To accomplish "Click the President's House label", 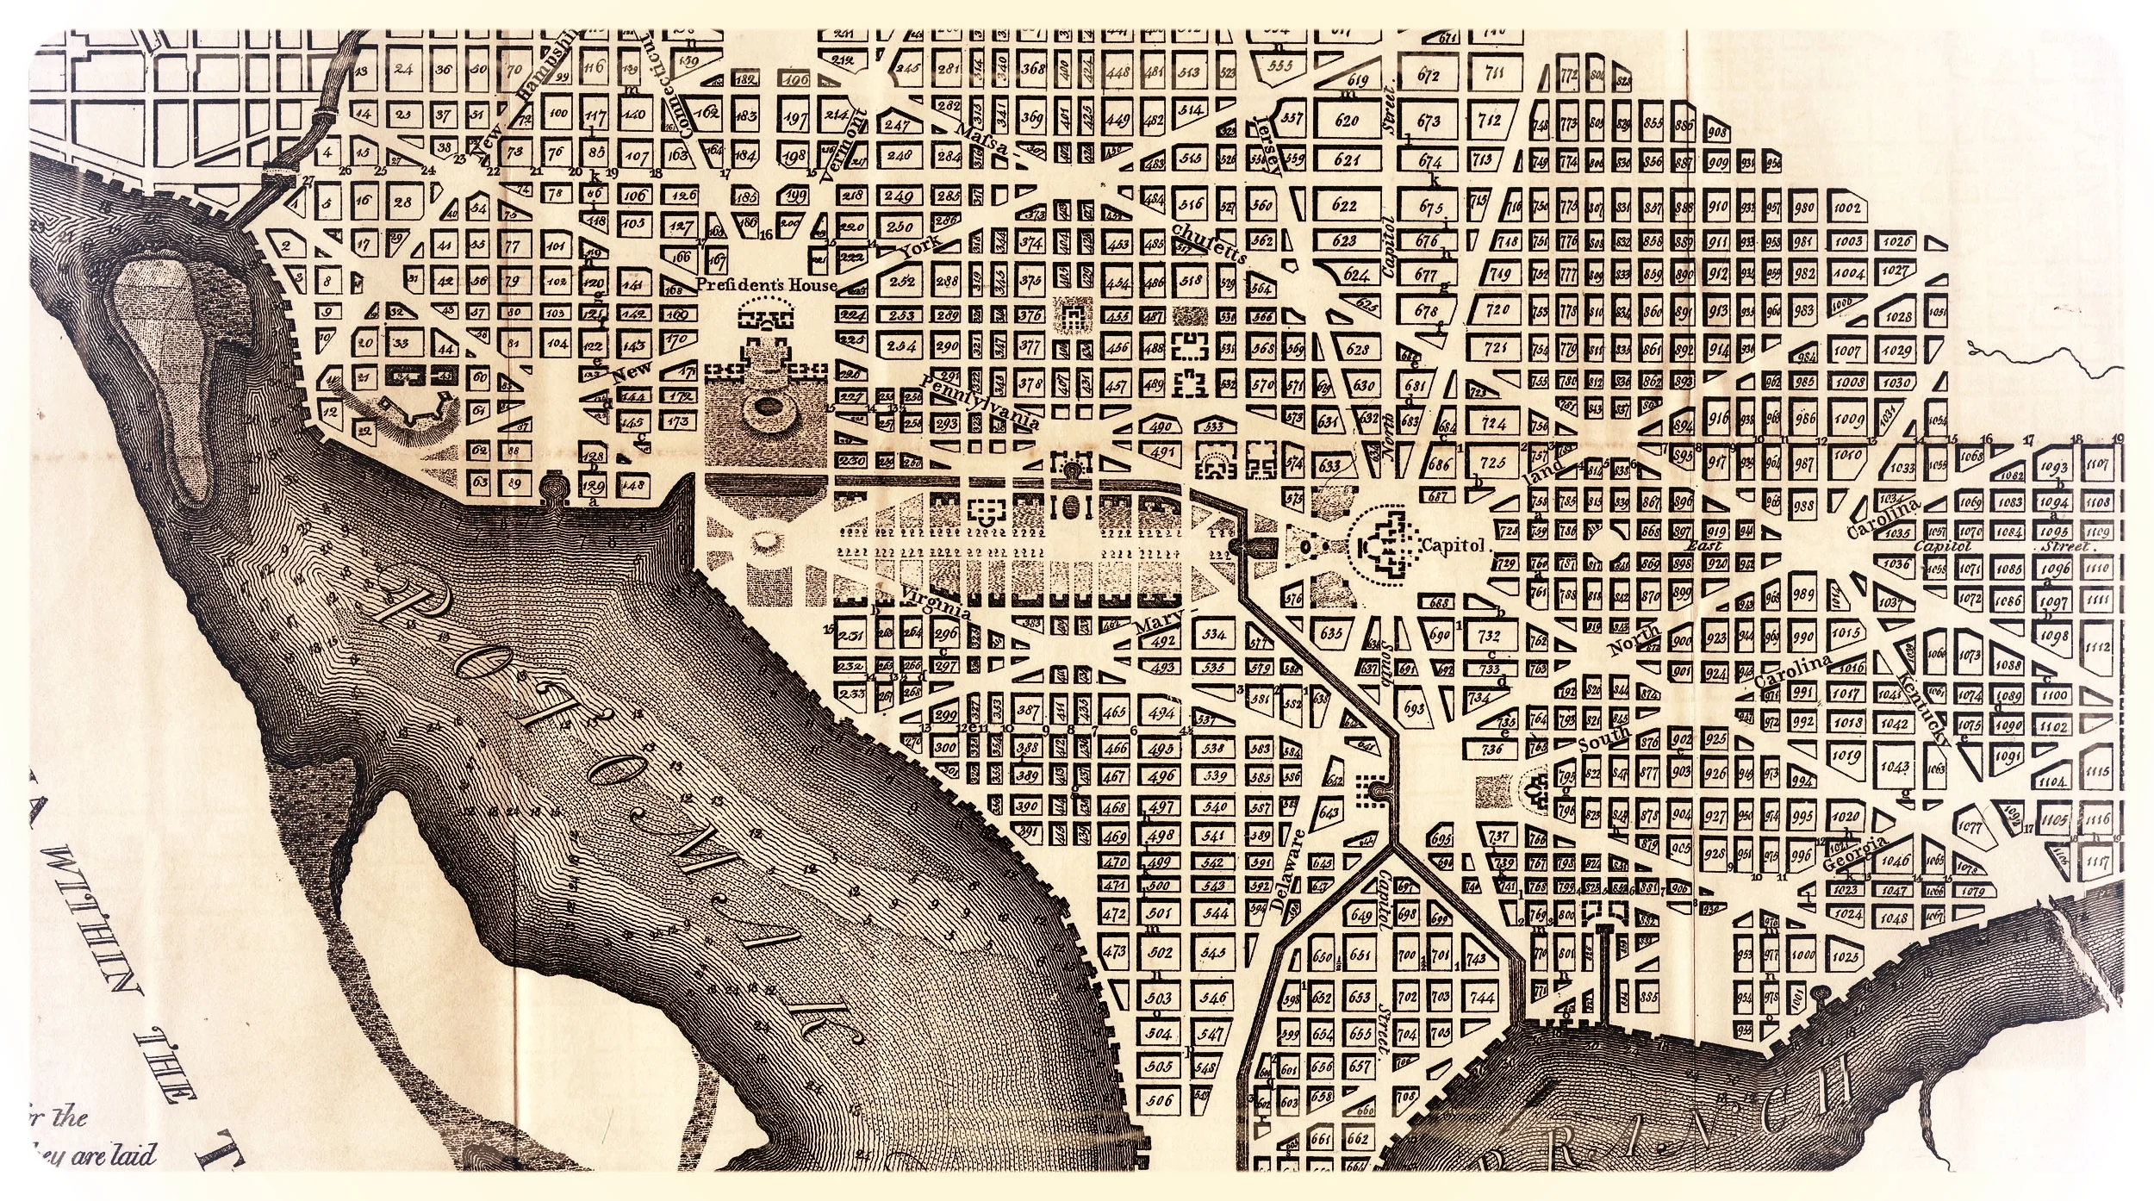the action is [767, 284].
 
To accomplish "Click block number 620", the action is [1346, 121].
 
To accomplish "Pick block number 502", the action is [1161, 952].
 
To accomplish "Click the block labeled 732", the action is [1489, 636].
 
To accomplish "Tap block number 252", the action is [901, 281].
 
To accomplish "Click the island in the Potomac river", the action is [168, 362].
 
